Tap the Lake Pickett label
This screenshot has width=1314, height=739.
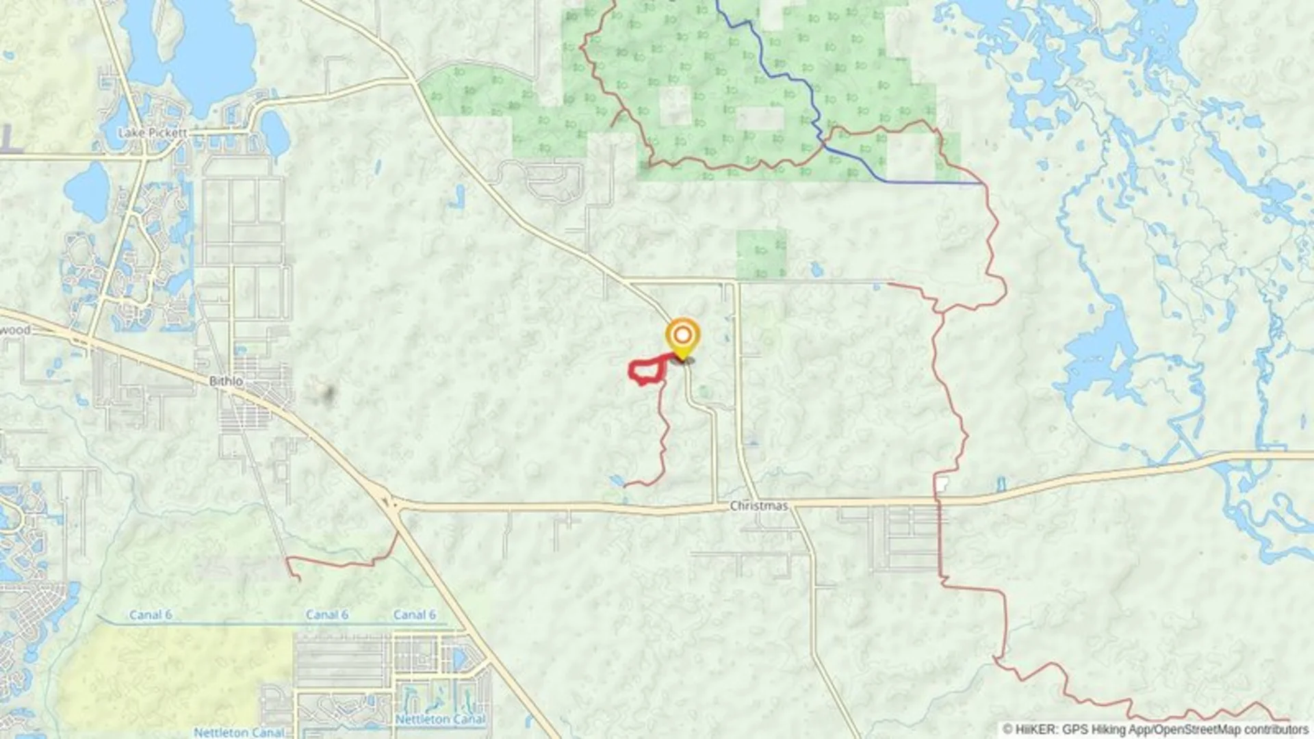pyautogui.click(x=152, y=133)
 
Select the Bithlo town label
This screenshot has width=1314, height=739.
pyautogui.click(x=226, y=381)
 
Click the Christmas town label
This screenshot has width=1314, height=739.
pyautogui.click(x=758, y=506)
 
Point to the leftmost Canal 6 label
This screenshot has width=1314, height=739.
pyautogui.click(x=151, y=615)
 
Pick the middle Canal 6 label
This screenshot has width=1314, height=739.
pyautogui.click(x=326, y=615)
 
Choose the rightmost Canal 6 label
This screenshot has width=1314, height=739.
pyautogui.click(x=414, y=615)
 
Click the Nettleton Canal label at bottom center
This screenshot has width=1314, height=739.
pyautogui.click(x=440, y=720)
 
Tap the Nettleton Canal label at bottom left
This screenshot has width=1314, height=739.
pyautogui.click(x=238, y=732)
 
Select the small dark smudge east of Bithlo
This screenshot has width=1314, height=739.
pyautogui.click(x=328, y=393)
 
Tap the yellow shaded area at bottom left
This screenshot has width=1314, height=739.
pyautogui.click(x=171, y=677)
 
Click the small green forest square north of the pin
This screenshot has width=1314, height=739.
pyautogui.click(x=761, y=253)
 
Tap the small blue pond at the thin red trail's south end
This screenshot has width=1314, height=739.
pyautogui.click(x=616, y=480)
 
